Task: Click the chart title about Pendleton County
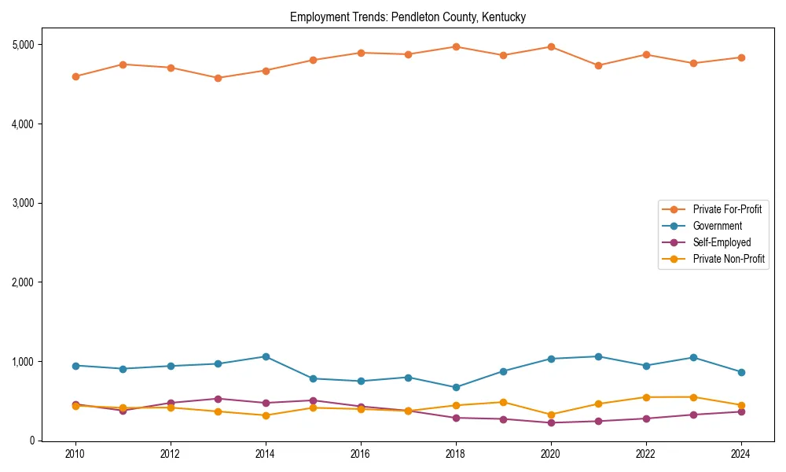pos(407,17)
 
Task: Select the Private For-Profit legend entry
pos(726,209)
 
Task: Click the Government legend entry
pos(717,226)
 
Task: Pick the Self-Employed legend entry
pos(722,242)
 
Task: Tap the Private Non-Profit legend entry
pos(729,259)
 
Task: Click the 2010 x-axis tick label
pos(75,454)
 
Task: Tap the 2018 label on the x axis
pos(456,454)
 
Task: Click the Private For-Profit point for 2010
pos(75,76)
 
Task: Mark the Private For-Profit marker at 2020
pos(551,46)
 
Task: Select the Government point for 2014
pos(266,356)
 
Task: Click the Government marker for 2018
pos(456,387)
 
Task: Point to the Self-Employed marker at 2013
pos(218,399)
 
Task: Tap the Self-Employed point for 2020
pos(551,422)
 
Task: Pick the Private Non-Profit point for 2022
pos(646,397)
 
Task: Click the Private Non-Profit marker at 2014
pos(266,415)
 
